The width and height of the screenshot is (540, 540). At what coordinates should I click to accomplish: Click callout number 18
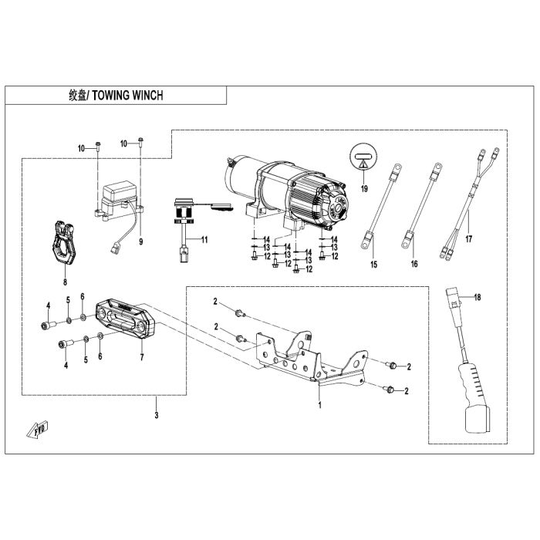[477, 297]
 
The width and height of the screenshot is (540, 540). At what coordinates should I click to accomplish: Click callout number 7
[141, 358]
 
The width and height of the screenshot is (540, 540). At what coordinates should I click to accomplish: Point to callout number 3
[157, 417]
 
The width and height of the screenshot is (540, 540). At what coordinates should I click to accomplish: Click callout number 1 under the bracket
[319, 403]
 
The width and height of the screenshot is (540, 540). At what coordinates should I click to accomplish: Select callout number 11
[204, 241]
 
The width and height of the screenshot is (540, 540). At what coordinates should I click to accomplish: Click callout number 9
[141, 241]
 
